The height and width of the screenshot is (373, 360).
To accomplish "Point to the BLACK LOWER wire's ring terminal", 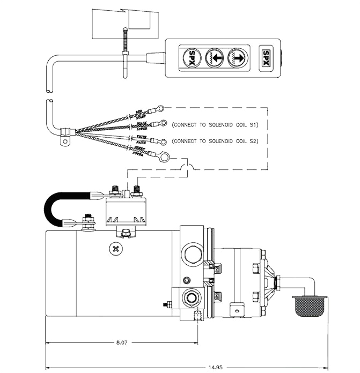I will (x=161, y=125).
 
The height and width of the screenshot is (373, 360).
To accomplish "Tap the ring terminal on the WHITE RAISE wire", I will (x=161, y=141).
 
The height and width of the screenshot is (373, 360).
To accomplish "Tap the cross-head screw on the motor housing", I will (x=115, y=248).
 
